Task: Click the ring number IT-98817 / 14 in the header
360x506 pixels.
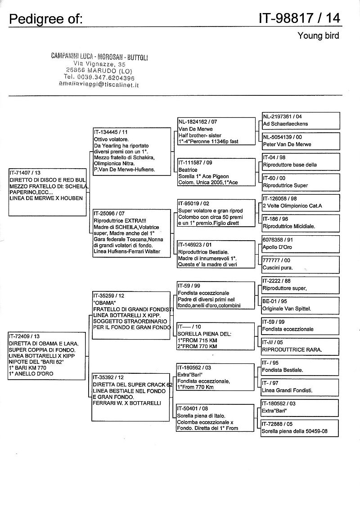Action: coord(299,18)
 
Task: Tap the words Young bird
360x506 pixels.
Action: coord(318,36)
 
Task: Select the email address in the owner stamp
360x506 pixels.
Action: coord(99,85)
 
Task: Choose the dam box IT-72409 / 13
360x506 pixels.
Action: coord(48,356)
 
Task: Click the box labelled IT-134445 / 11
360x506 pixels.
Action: coord(132,150)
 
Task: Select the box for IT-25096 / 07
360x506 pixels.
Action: coord(132,233)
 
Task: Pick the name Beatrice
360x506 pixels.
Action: coord(188,170)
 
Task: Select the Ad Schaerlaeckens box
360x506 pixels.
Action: coord(301,120)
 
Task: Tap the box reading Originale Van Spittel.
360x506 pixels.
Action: coord(301,305)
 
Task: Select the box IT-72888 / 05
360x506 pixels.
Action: coord(301,428)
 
